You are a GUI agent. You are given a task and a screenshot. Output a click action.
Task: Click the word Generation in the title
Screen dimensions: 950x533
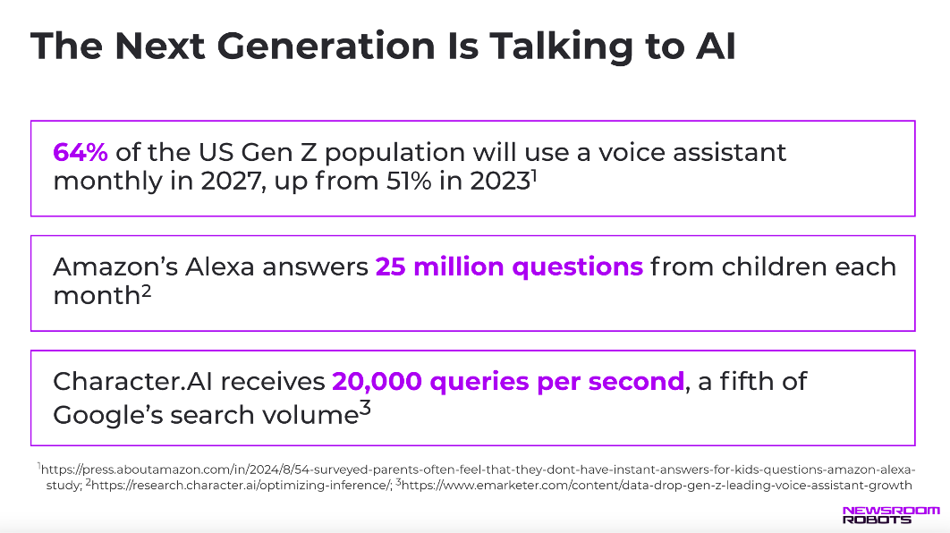(326, 47)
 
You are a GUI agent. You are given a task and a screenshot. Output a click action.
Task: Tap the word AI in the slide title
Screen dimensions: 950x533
(716, 47)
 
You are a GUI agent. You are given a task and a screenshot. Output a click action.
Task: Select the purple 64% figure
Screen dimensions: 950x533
(81, 152)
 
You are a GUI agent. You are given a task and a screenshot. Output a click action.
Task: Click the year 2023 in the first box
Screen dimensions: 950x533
(500, 182)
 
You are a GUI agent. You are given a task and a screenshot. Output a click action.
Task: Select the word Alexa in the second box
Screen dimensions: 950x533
(219, 266)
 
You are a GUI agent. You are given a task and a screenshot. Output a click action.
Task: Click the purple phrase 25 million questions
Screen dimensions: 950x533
(509, 267)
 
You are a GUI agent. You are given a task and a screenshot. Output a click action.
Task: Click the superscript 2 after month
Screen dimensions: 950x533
(146, 292)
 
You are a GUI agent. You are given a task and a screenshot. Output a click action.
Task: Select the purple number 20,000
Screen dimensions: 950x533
(377, 382)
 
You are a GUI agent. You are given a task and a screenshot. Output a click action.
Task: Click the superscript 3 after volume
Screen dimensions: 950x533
(365, 408)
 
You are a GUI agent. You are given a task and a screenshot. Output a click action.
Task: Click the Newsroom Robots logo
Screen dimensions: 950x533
(891, 515)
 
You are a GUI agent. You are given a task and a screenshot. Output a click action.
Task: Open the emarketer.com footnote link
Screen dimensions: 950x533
(657, 485)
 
